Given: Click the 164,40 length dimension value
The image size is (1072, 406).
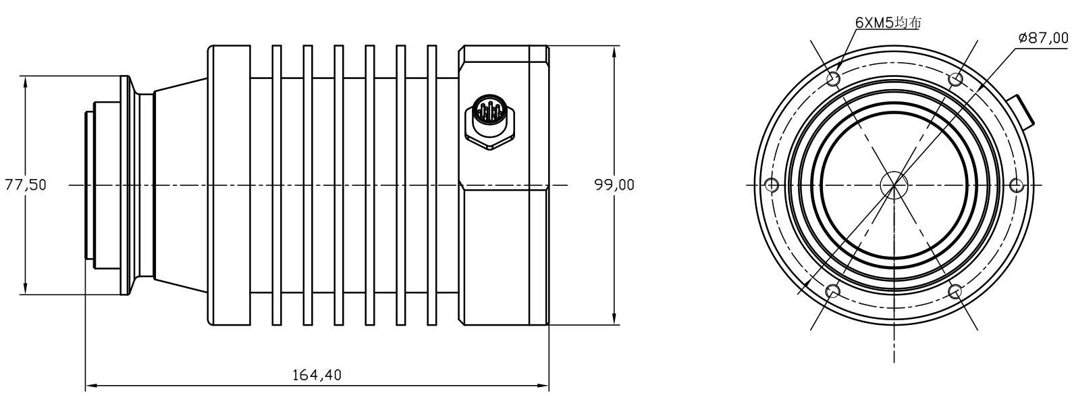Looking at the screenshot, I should tap(317, 374).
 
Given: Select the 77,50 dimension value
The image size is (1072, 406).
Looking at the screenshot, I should tap(26, 184).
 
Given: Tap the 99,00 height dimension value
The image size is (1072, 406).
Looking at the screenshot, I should tap(614, 184).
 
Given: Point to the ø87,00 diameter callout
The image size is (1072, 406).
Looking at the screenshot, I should tap(1043, 38).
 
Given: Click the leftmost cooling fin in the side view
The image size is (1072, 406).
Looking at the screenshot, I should tap(276, 184).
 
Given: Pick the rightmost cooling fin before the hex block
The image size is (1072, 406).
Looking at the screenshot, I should tap(433, 184).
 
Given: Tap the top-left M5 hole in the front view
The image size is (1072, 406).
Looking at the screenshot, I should tap(834, 79).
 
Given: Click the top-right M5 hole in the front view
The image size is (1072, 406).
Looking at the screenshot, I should tap(955, 79).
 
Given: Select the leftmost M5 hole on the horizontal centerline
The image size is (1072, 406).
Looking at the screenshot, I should tap(773, 184).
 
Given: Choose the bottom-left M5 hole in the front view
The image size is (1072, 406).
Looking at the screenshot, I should tap(834, 290).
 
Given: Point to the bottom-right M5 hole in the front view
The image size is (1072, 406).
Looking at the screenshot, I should tap(955, 290).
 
